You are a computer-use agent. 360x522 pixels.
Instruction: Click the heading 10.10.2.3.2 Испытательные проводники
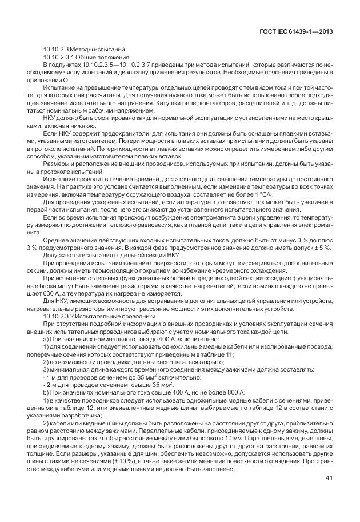tap(87, 314)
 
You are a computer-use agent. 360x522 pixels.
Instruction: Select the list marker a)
tap(46, 339)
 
